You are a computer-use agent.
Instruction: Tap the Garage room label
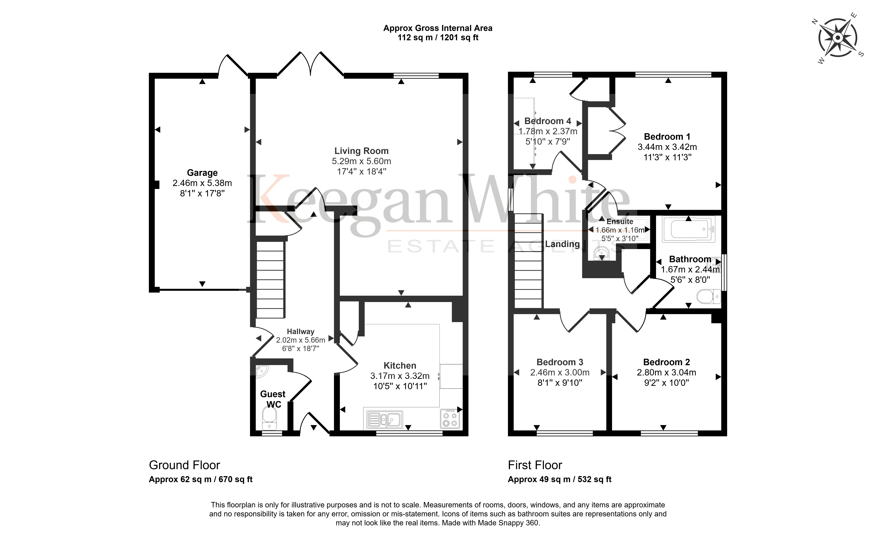[202, 173]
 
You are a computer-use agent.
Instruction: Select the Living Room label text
[361, 151]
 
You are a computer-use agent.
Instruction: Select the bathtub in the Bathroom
[689, 229]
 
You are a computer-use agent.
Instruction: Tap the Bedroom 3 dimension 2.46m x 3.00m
[560, 372]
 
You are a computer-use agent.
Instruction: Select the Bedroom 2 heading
[666, 362]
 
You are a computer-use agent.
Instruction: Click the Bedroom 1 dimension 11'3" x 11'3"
[667, 157]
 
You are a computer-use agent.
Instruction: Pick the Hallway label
[301, 331]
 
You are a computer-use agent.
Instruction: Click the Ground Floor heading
[184, 465]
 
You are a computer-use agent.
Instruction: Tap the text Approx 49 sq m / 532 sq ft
[559, 480]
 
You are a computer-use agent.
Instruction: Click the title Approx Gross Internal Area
[438, 28]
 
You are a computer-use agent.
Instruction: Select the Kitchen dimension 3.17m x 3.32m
[400, 376]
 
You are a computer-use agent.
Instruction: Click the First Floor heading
[535, 465]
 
